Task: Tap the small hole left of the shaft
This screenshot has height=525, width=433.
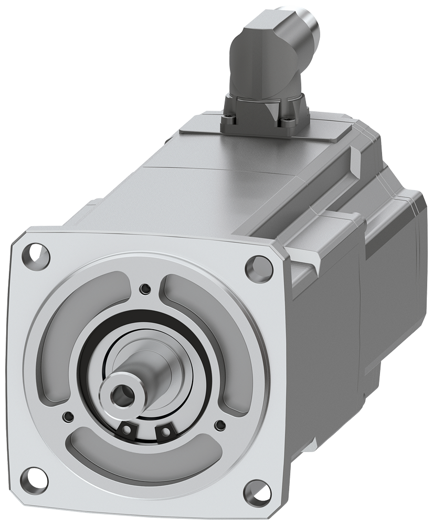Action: tap(66, 416)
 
